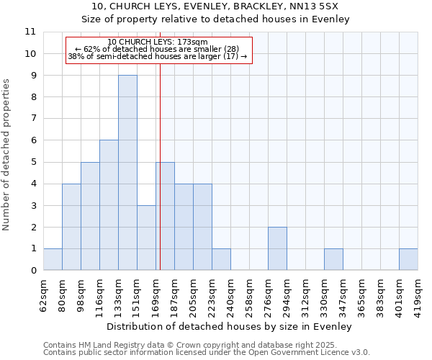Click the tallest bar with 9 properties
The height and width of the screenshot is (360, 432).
click(x=127, y=173)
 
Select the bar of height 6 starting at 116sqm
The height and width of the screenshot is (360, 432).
click(x=109, y=205)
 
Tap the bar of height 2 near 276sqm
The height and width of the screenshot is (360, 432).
click(x=277, y=248)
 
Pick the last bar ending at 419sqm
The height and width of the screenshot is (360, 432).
click(x=408, y=259)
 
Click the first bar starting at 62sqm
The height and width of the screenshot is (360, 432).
click(x=53, y=259)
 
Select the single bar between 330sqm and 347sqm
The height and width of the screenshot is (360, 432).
click(x=333, y=259)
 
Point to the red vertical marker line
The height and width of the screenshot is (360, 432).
click(x=160, y=166)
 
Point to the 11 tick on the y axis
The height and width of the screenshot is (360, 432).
click(x=30, y=32)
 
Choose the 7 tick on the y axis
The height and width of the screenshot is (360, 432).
click(x=32, y=119)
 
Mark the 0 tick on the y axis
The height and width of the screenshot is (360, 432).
click(x=32, y=271)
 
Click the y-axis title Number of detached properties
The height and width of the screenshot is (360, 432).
click(x=7, y=155)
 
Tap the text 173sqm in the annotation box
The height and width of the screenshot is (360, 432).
click(x=193, y=42)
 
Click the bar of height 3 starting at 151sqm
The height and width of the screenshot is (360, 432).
click(x=146, y=238)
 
